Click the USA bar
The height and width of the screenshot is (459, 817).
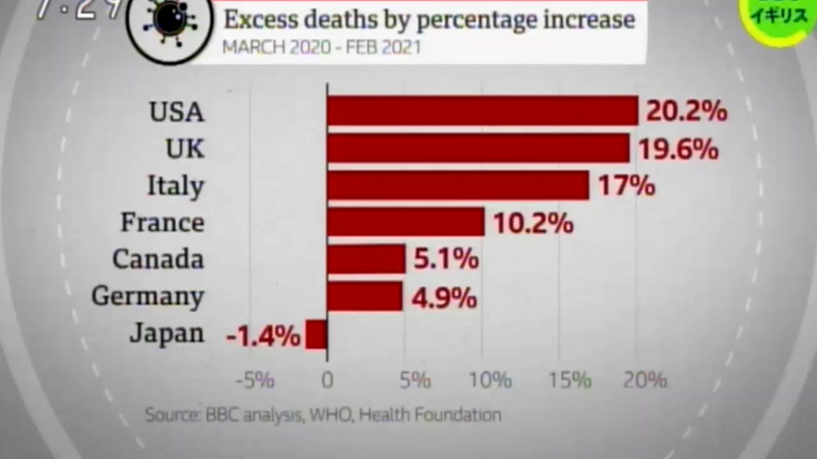click(483, 110)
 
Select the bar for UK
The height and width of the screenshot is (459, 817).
click(478, 148)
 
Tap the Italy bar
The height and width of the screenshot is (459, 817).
click(458, 185)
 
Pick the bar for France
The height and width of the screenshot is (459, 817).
click(406, 223)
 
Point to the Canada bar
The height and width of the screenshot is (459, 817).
click(366, 259)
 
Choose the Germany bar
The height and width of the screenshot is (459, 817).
click(365, 297)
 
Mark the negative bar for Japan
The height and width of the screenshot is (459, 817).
click(317, 334)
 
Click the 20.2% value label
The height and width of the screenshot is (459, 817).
click(686, 111)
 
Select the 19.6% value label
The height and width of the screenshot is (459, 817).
click(677, 149)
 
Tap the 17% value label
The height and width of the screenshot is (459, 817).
click(626, 186)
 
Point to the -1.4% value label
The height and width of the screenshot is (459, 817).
click(264, 336)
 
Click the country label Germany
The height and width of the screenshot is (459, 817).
click(147, 297)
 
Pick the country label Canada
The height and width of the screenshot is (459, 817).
click(158, 259)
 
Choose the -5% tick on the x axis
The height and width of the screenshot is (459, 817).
click(253, 380)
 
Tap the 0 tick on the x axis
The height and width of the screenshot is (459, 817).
click(328, 380)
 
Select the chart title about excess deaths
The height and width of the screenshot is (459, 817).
click(429, 20)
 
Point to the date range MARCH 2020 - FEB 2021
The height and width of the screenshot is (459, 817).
click(321, 47)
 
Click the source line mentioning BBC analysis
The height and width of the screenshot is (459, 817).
click(323, 415)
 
